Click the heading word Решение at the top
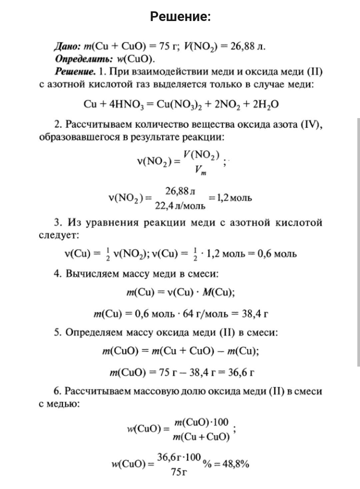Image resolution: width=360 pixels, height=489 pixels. pyautogui.click(x=180, y=16)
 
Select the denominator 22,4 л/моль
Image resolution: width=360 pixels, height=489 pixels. pyautogui.click(x=180, y=206)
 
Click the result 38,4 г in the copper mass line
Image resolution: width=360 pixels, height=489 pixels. pyautogui.click(x=255, y=314)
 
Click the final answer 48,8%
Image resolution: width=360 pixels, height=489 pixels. pyautogui.click(x=236, y=464)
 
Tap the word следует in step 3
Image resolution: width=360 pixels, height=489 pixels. pyautogui.click(x=59, y=235)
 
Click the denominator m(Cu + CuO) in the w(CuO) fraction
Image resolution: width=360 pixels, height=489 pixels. pyautogui.click(x=201, y=437)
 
